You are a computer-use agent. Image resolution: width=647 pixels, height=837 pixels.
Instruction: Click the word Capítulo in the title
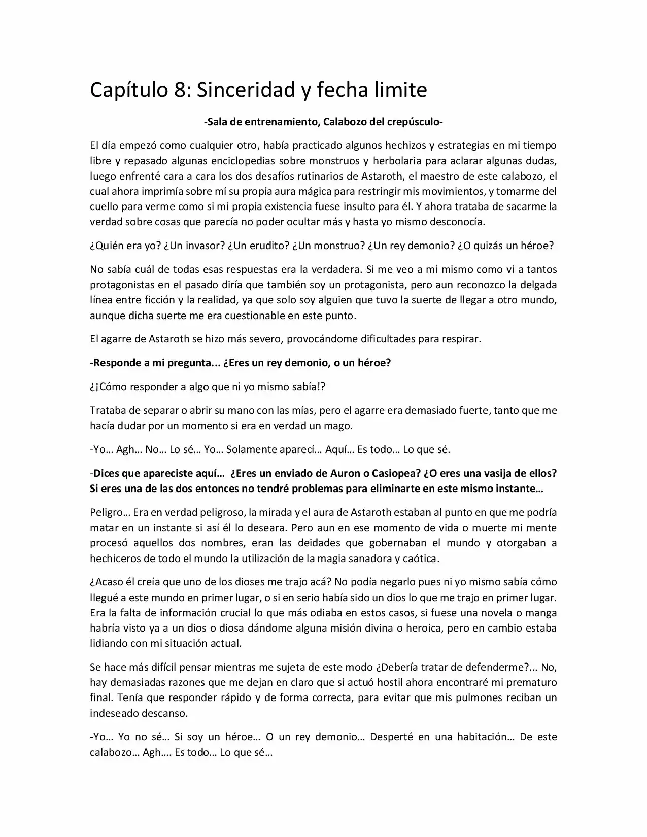click(127, 91)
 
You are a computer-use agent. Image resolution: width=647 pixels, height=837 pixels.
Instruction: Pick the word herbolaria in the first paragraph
click(396, 161)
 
